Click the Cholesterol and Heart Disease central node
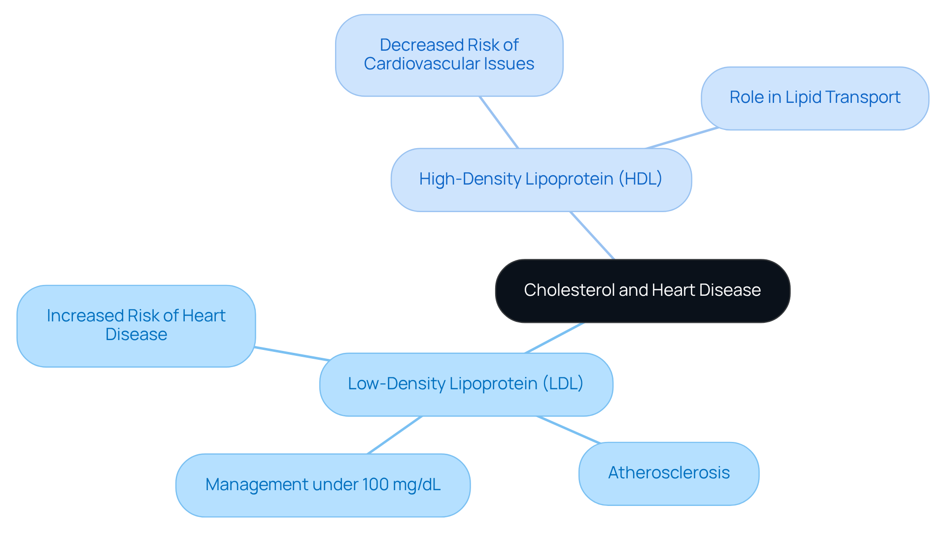(x=642, y=291)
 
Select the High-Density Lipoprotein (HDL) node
(x=541, y=180)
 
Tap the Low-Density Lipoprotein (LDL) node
(x=466, y=384)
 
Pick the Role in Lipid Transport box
(x=815, y=98)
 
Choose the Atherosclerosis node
(x=669, y=473)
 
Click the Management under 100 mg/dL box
(x=323, y=485)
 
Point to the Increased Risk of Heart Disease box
(x=136, y=326)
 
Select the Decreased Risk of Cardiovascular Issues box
(x=449, y=55)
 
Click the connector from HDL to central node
(x=592, y=236)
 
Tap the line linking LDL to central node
(x=554, y=338)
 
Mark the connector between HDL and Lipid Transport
(x=682, y=138)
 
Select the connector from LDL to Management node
(x=394, y=435)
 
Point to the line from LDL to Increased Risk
(x=292, y=354)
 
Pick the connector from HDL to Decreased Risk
(x=499, y=122)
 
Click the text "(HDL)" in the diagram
(x=641, y=179)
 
